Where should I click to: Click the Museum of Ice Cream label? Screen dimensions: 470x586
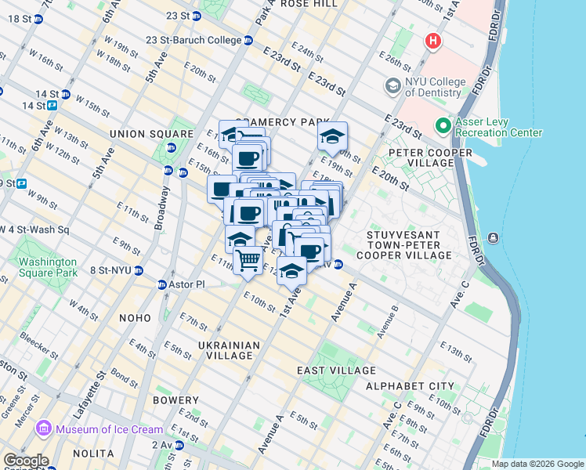click(109, 429)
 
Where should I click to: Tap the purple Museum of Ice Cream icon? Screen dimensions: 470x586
click(44, 429)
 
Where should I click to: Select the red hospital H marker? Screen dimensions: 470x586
click(432, 41)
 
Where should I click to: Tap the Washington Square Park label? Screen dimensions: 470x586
click(49, 268)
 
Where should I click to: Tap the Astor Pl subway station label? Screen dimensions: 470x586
click(189, 284)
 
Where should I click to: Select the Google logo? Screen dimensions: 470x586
click(25, 461)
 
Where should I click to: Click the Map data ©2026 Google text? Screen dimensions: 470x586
click(537, 464)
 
